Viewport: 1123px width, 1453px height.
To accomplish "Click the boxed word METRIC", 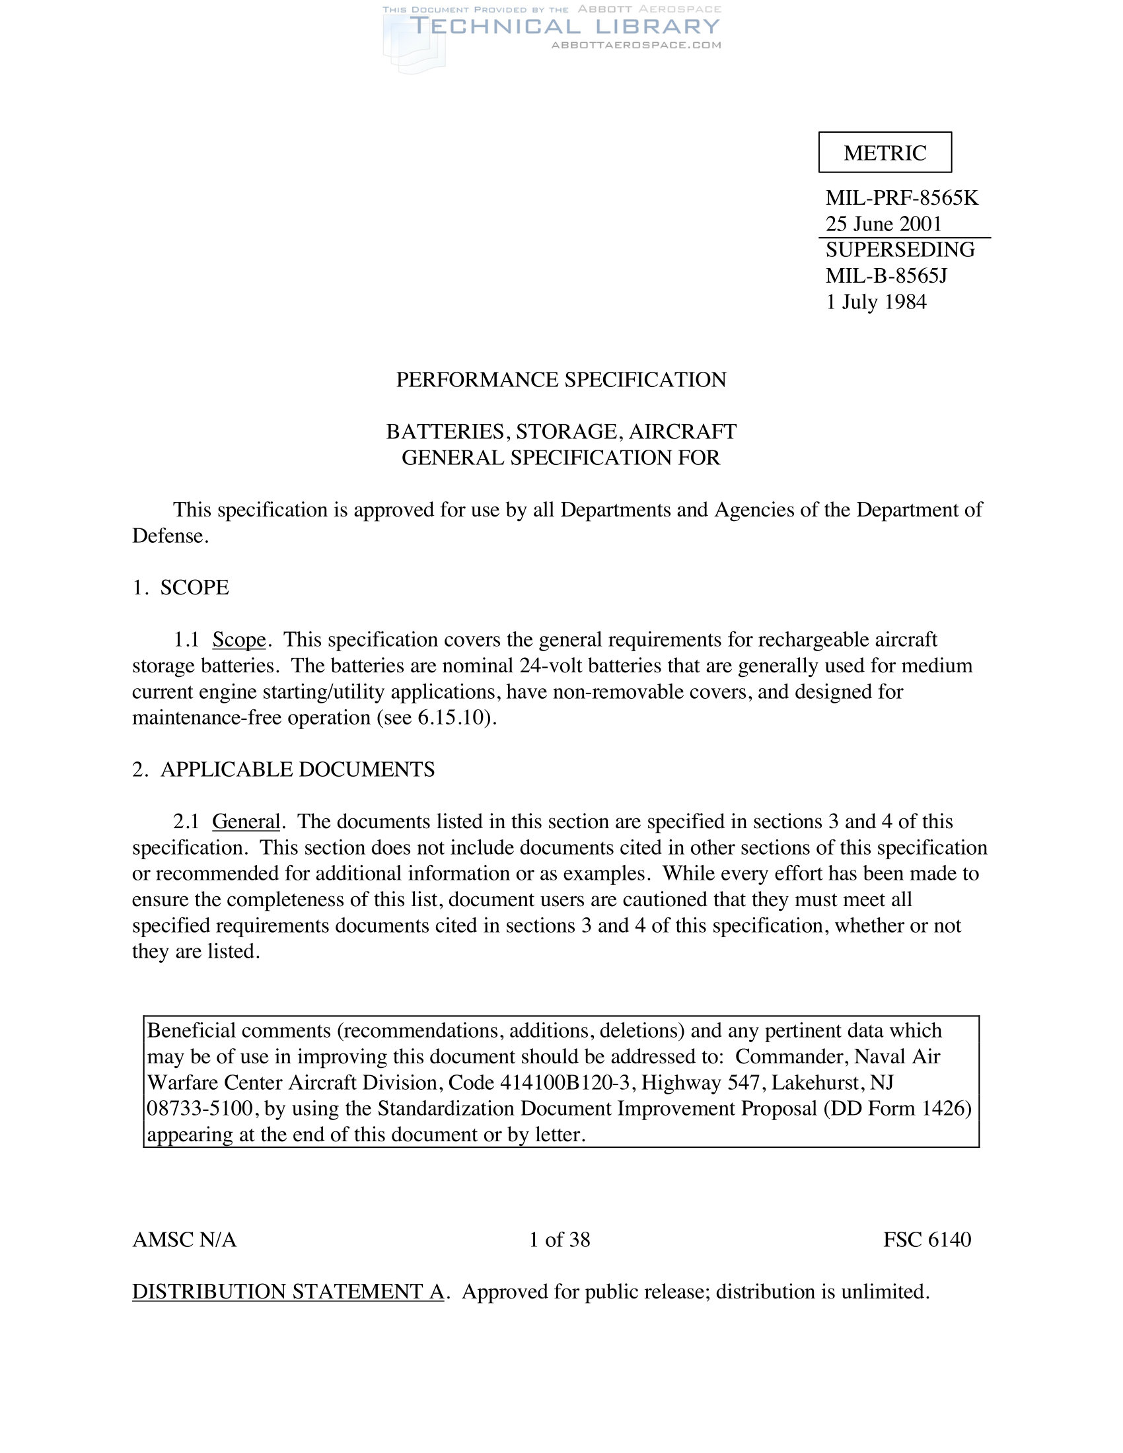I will pyautogui.click(x=885, y=153).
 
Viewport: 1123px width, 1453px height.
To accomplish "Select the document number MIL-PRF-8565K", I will pyautogui.click(x=902, y=198).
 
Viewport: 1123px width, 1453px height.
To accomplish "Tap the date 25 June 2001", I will pyautogui.click(x=883, y=223).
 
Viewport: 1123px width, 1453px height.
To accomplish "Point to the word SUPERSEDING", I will pyautogui.click(x=900, y=250).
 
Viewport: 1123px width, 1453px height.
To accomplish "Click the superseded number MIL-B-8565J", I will pyautogui.click(x=886, y=275).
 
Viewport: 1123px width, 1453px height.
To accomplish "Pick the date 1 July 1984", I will pyautogui.click(x=876, y=302).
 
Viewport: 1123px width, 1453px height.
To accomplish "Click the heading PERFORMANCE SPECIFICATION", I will pyautogui.click(x=561, y=380).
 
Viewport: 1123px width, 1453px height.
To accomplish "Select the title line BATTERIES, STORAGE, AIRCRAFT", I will pyautogui.click(x=561, y=432).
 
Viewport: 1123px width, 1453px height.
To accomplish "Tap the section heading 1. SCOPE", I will pyautogui.click(x=180, y=587).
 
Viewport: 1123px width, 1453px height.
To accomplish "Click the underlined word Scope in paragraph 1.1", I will pyautogui.click(x=239, y=639).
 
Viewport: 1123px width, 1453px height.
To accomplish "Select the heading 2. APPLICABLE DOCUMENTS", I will pyautogui.click(x=283, y=769).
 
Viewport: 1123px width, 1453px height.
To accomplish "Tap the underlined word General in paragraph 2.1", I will pyautogui.click(x=246, y=822).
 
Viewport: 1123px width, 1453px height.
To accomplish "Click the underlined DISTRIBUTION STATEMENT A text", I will pyautogui.click(x=288, y=1291).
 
